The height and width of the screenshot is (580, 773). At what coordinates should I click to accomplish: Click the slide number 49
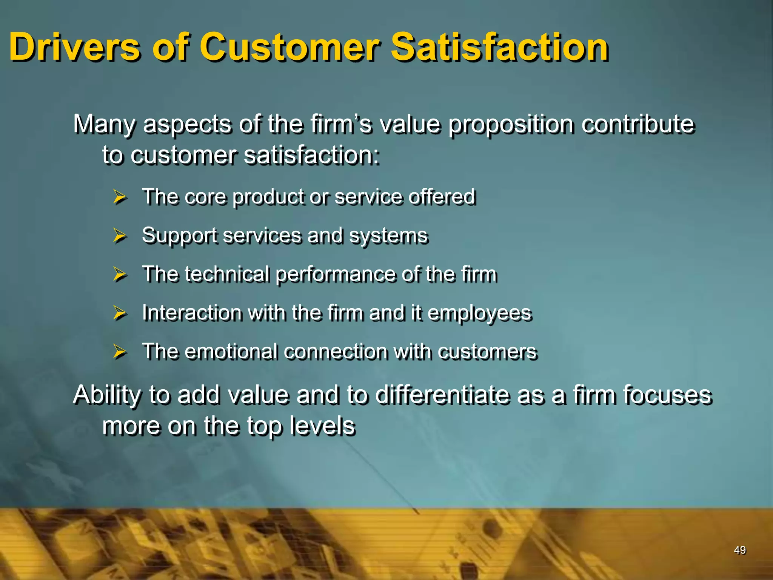coord(740,550)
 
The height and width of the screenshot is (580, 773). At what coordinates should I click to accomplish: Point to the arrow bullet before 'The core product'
coord(120,197)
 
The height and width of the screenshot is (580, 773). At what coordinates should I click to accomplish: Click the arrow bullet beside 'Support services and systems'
coord(120,236)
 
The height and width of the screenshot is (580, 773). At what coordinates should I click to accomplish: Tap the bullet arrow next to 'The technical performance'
coord(120,275)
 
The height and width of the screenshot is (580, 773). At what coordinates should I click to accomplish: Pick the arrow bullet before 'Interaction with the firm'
coord(120,313)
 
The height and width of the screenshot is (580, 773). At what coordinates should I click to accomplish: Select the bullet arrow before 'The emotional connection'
coord(120,352)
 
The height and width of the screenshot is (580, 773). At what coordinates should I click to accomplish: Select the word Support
coord(179,236)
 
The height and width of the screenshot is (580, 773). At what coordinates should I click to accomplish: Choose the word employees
coord(480,314)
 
